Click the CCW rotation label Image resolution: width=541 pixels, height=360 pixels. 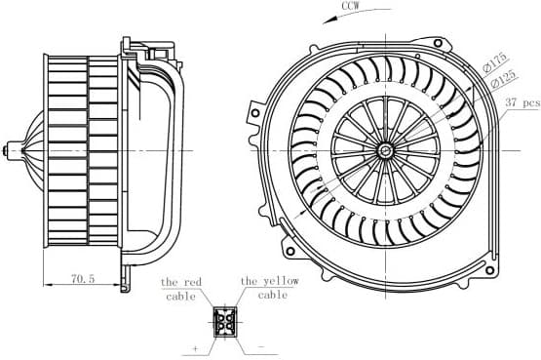click(x=353, y=8)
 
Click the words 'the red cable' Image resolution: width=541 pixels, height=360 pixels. click(x=180, y=289)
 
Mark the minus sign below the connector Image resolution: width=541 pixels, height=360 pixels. click(x=261, y=346)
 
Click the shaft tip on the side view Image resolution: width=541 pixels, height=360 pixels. click(x=7, y=150)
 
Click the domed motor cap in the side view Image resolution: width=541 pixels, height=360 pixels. click(x=29, y=150)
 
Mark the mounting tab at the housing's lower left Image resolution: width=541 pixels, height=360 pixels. click(x=290, y=234)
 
